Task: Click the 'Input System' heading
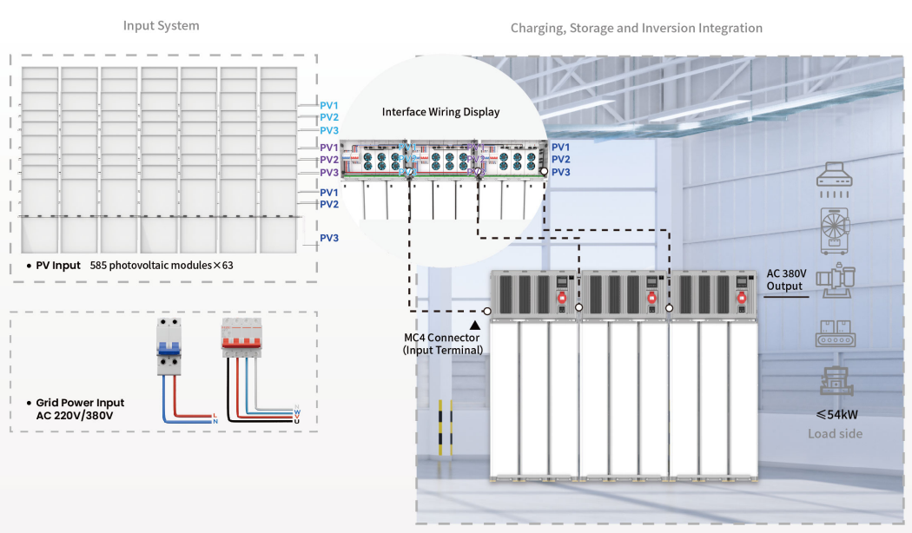[x=161, y=26]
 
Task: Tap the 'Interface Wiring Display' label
[x=440, y=112]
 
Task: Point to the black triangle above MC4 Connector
[x=474, y=324]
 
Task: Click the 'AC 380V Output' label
[x=786, y=280]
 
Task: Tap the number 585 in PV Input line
[x=100, y=266]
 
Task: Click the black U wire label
[x=296, y=421]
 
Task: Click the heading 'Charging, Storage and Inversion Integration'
[x=636, y=29]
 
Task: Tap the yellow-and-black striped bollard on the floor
[x=446, y=426]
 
